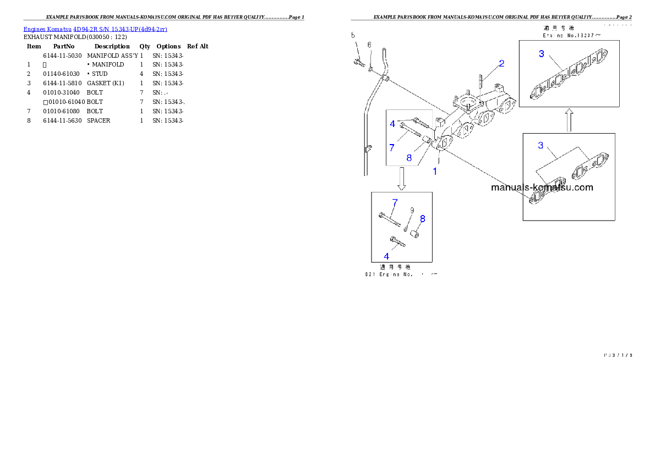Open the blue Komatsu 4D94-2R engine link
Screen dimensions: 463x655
click(95, 29)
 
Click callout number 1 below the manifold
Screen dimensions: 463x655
click(435, 171)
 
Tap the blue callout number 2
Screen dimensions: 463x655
click(501, 63)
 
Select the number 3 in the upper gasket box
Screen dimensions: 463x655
click(542, 54)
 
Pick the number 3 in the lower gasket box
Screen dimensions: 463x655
click(541, 145)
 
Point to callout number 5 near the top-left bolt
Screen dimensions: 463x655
click(354, 36)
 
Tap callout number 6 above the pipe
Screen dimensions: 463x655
click(369, 45)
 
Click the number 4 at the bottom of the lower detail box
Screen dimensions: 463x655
click(386, 256)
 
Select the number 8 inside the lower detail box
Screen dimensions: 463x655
click(423, 218)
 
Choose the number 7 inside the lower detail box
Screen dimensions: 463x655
click(394, 202)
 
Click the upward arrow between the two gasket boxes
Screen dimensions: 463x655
click(570, 119)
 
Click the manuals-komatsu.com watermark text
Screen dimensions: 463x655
click(542, 187)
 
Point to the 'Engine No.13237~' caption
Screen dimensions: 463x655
click(569, 34)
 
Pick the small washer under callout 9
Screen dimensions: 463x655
click(406, 228)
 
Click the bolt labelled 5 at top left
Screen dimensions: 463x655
click(359, 63)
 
